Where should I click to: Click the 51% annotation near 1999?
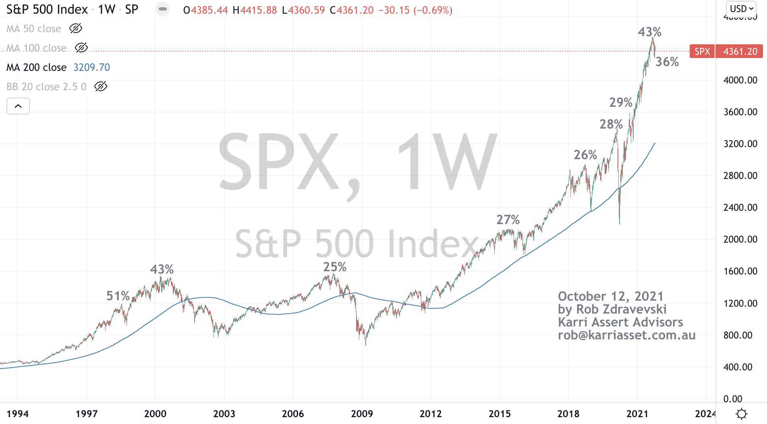point(118,296)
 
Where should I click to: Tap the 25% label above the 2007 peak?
point(335,267)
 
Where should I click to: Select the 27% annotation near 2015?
point(508,220)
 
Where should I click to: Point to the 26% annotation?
point(585,155)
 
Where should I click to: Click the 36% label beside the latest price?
point(667,62)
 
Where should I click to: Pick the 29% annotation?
point(621,102)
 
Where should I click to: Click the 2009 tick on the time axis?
point(362,414)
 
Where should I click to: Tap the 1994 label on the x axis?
point(18,414)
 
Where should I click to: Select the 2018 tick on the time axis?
point(568,414)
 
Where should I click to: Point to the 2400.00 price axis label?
point(740,207)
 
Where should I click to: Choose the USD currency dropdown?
point(742,9)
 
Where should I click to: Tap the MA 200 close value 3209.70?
point(91,67)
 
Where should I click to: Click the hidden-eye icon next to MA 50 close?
point(76,29)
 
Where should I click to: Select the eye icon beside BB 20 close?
point(101,87)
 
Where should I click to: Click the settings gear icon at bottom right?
point(741,414)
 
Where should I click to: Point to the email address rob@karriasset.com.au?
point(626,335)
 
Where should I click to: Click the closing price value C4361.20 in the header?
point(352,10)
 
